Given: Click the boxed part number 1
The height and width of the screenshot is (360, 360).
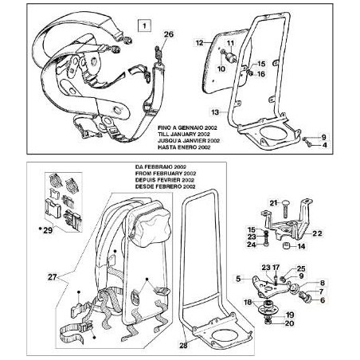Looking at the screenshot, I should tap(143, 25).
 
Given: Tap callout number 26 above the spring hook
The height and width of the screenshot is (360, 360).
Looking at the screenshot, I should tap(167, 33).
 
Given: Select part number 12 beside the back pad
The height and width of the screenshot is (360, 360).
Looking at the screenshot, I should tap(200, 39).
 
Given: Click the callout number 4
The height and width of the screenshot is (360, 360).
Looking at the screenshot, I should tap(323, 145).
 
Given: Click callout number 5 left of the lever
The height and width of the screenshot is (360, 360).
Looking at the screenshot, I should tap(237, 280).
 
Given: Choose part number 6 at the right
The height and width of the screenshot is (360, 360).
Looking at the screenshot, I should tap(323, 300).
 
